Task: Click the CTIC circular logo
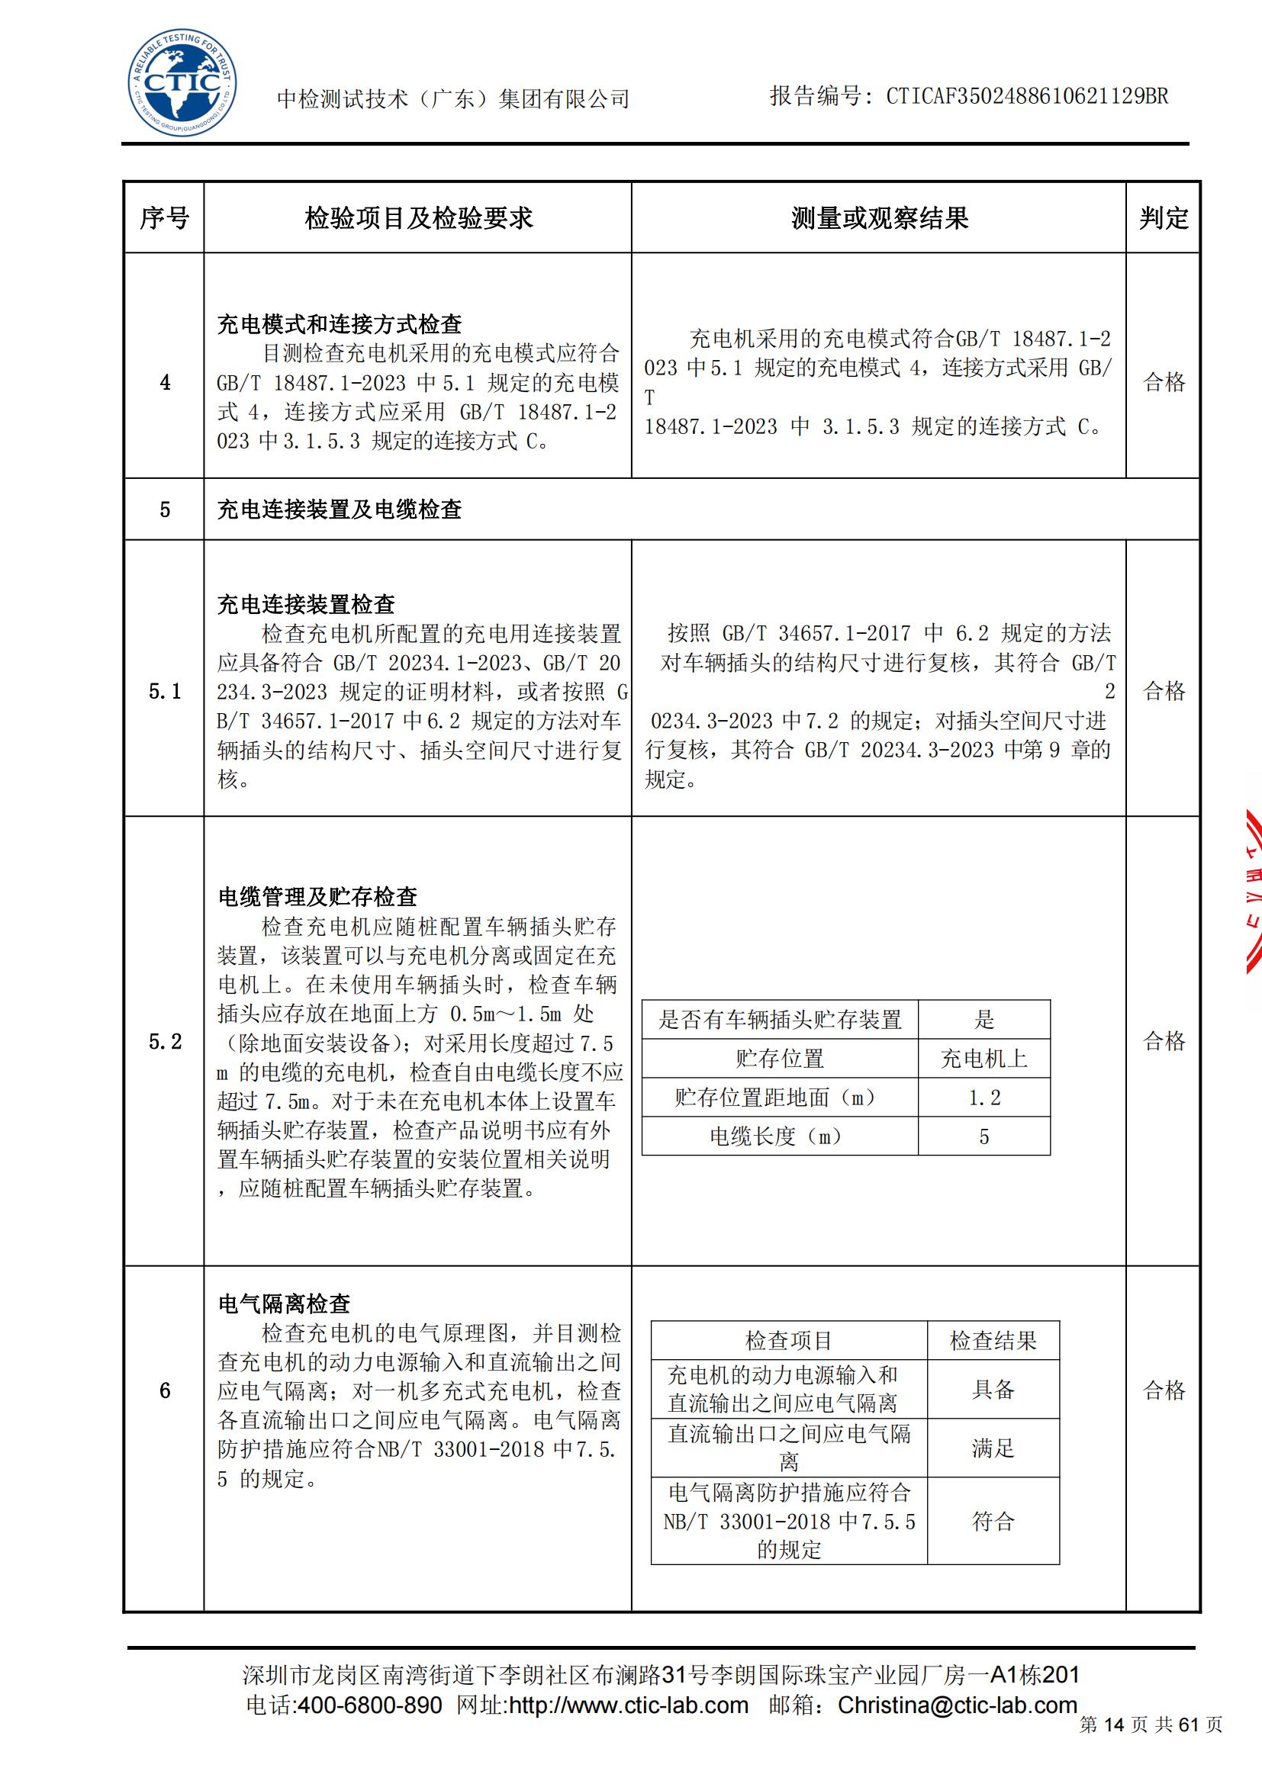point(182,84)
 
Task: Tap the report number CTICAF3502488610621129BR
point(1026,96)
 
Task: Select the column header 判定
point(1164,218)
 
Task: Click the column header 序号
point(164,218)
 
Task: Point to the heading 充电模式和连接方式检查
point(340,324)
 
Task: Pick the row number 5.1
point(165,691)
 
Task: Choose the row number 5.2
point(165,1041)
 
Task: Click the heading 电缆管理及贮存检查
point(318,897)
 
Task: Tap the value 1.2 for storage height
point(984,1098)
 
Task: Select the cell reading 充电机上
point(984,1059)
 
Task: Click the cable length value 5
point(984,1136)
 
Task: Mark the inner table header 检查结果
point(993,1340)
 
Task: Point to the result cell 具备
point(993,1389)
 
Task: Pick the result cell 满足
point(993,1448)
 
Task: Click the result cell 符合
point(993,1521)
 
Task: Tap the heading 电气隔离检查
point(285,1303)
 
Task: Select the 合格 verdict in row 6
point(1164,1390)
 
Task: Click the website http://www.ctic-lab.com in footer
point(627,1705)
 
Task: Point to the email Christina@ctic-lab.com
point(958,1705)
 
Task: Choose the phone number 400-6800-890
point(370,1705)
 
